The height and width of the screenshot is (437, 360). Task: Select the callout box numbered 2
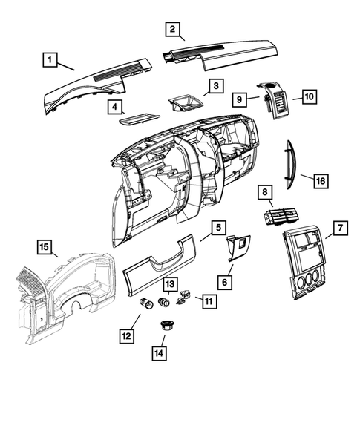coord(171,29)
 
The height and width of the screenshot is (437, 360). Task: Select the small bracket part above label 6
coord(239,246)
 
